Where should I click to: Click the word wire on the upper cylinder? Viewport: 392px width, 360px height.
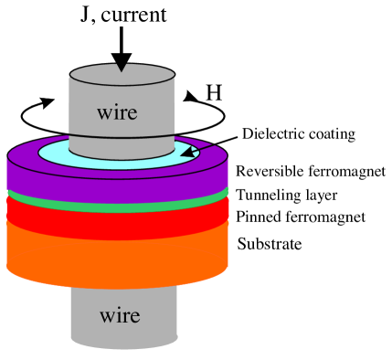[x=117, y=113]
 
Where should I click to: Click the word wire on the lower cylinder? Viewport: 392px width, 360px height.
[x=120, y=316]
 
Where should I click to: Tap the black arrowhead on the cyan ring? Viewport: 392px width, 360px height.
[x=188, y=152]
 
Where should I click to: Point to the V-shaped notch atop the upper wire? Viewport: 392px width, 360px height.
[x=122, y=68]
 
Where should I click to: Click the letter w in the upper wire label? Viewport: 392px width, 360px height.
[x=103, y=114]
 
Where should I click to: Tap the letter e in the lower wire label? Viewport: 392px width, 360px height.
[x=135, y=317]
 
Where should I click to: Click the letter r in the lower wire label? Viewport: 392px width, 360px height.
[x=127, y=317]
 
